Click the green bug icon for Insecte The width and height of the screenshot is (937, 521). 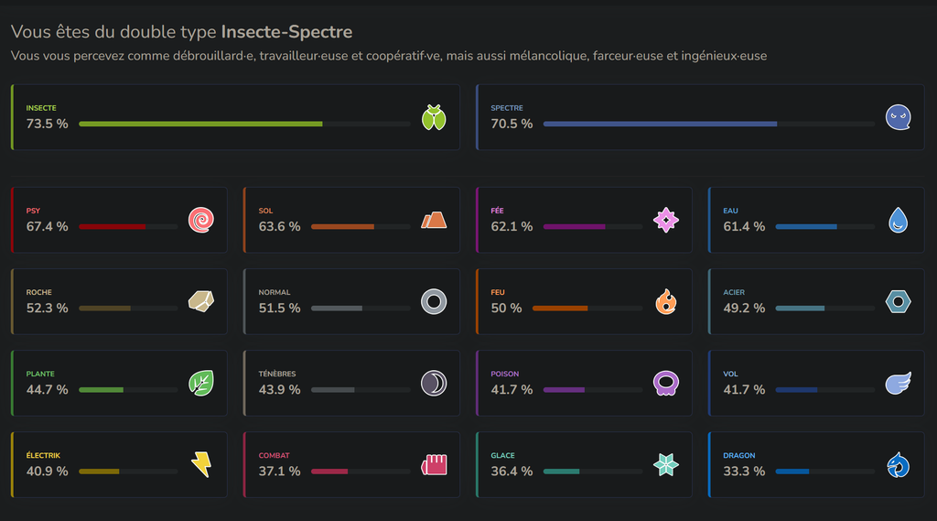(434, 117)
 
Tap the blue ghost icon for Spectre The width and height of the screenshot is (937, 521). (899, 117)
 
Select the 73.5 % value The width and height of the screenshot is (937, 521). (48, 124)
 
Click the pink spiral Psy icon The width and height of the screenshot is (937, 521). (201, 220)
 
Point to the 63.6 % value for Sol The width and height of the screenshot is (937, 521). (280, 227)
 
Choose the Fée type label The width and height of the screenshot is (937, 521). (497, 211)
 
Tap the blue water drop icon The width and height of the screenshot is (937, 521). (899, 220)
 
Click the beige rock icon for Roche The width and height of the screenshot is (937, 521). (201, 301)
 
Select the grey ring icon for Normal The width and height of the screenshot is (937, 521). (434, 301)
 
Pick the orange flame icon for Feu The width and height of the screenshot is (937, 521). (666, 301)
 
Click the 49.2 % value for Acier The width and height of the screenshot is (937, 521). (744, 308)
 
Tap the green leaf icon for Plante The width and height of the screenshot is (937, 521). (201, 384)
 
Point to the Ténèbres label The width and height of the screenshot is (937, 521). (277, 374)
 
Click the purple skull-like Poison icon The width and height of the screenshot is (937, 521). (666, 384)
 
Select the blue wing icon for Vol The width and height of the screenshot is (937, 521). (899, 384)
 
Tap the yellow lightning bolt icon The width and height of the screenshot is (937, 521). (201, 465)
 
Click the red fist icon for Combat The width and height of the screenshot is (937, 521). (434, 465)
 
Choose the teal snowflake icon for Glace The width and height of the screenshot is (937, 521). (666, 465)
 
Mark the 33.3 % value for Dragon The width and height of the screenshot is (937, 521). (744, 472)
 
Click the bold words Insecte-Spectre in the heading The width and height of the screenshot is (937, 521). (286, 32)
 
